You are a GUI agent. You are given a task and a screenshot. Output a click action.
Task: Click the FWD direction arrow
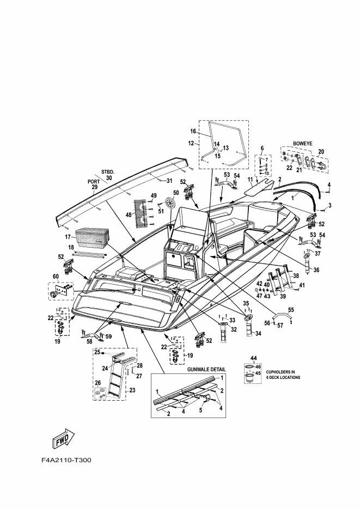64,439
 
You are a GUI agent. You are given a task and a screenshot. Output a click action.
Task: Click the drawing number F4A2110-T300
66,461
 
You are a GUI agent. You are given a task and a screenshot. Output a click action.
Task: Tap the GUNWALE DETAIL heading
206,370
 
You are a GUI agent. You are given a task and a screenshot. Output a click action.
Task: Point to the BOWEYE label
303,143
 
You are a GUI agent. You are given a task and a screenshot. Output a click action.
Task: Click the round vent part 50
170,203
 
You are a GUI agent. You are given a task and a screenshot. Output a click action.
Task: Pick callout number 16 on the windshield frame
193,131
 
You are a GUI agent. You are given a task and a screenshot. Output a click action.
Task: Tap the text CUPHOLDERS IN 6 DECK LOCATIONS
283,375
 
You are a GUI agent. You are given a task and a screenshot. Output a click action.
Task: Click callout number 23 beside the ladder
132,390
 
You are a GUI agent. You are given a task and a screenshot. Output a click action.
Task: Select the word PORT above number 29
94,182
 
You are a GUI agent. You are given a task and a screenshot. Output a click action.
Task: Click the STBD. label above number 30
108,171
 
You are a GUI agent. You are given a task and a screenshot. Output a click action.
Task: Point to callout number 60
56,277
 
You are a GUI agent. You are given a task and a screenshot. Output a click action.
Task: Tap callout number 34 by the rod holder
258,333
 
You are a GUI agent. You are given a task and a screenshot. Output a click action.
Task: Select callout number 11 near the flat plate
251,179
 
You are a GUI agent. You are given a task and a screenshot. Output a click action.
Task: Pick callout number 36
316,270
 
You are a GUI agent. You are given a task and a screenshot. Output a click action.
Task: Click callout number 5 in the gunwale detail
200,410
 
